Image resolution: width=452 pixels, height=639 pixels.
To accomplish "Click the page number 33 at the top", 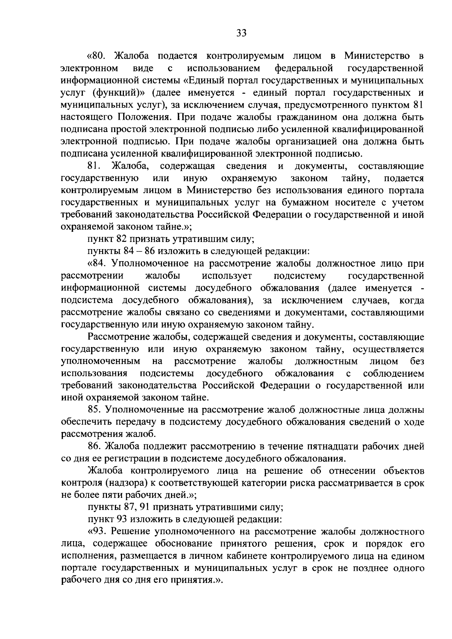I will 241,33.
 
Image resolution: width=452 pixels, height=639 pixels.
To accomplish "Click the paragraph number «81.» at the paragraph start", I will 93,166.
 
